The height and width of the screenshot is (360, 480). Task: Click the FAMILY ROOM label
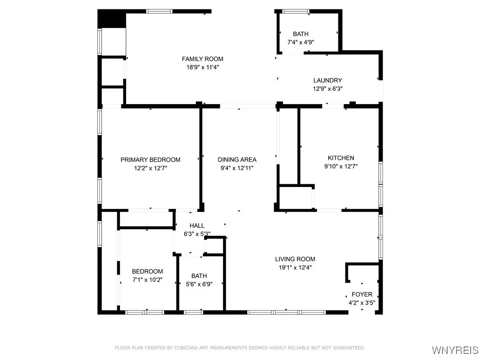(x=202, y=59)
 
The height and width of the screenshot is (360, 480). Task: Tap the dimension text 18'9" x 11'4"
(x=202, y=67)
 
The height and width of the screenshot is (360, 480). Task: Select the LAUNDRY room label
(x=328, y=81)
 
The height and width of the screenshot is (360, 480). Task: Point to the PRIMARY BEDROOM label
(x=150, y=160)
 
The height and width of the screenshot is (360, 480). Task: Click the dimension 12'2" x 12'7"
(x=150, y=168)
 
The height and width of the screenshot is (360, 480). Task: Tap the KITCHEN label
(x=340, y=158)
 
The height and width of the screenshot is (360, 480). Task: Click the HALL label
(x=197, y=226)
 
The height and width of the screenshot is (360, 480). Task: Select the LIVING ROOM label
(x=295, y=259)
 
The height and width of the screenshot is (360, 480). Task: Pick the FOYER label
(x=362, y=294)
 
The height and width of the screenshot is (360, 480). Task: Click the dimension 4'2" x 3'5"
(x=362, y=302)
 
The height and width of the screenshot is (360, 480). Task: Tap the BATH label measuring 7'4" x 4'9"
(x=300, y=34)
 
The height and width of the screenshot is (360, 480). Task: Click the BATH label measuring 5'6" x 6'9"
(x=199, y=276)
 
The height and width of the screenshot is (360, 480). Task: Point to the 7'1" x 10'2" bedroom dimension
(x=147, y=279)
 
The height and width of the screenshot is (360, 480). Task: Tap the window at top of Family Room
(x=160, y=11)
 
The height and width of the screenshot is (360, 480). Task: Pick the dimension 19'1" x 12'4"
(x=295, y=267)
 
